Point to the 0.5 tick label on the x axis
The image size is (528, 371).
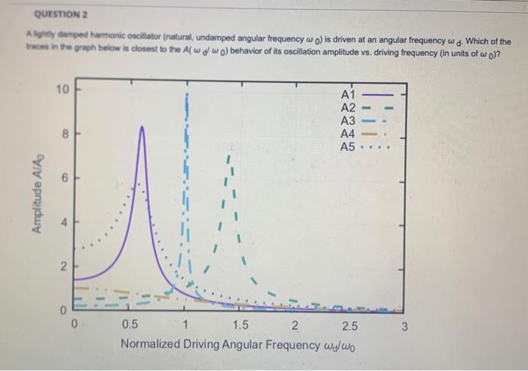pos(130,326)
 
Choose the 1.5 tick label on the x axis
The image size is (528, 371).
pos(240,326)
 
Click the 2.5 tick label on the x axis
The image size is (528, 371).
pos(350,326)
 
